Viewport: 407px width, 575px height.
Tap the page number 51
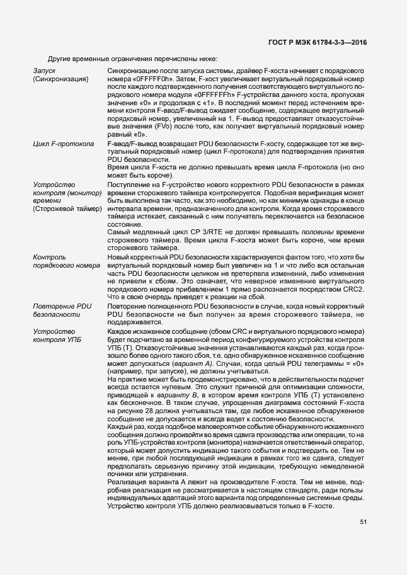(364, 521)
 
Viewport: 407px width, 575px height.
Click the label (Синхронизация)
(60, 80)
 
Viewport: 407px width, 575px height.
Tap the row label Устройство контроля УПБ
(56, 336)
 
